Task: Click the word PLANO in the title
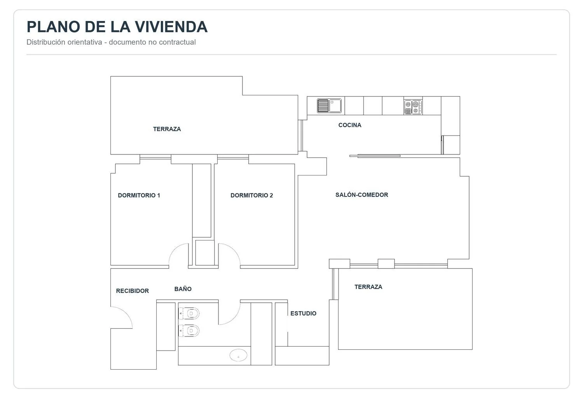[x=53, y=26]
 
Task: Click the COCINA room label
[x=350, y=125]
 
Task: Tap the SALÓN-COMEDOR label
[x=362, y=195]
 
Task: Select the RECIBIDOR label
[x=133, y=291]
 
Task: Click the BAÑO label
[x=183, y=289]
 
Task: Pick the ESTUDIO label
[x=304, y=313]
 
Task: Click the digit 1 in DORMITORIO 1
[x=159, y=195]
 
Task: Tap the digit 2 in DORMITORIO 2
[x=271, y=195]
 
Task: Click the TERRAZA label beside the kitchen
[x=167, y=129]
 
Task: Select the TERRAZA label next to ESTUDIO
[x=368, y=287]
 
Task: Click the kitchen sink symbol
[x=329, y=106]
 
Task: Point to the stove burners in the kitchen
[x=413, y=107]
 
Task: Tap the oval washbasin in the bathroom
[x=238, y=355]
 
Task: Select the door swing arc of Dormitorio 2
[x=234, y=251]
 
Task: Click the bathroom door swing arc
[x=234, y=318]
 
